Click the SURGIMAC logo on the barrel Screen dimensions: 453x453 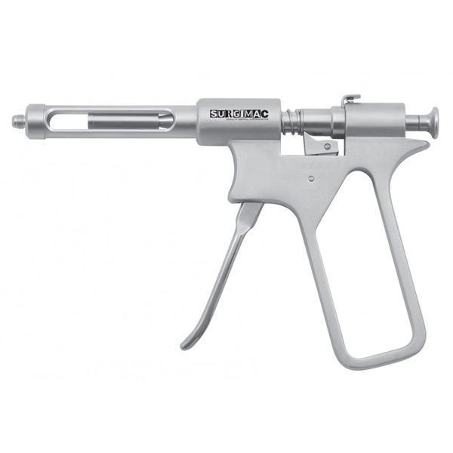click(238, 115)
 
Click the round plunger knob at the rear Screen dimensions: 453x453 click(434, 121)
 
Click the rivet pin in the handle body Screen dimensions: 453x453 click(312, 179)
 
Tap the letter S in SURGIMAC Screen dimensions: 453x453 click(214, 115)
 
